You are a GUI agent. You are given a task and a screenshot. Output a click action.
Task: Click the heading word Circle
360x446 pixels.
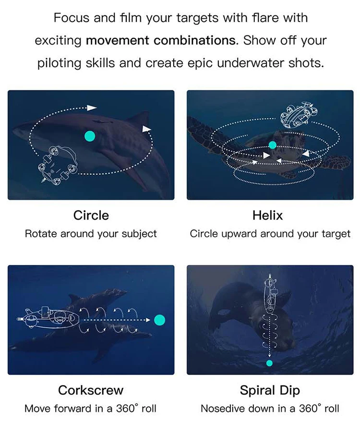coord(91,216)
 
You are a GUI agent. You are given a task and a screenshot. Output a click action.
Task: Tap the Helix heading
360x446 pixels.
coord(267,216)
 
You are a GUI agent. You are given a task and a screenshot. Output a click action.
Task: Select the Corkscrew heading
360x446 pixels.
coord(91,390)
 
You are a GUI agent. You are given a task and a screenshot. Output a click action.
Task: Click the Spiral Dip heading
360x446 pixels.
coord(270,391)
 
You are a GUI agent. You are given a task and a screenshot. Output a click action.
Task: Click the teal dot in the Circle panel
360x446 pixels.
coord(90,136)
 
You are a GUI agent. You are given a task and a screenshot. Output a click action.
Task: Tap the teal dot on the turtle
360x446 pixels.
coord(273,145)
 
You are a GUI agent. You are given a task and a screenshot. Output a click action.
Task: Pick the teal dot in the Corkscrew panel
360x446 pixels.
coord(159,320)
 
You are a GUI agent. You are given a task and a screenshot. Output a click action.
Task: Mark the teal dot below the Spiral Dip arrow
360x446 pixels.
coord(269,363)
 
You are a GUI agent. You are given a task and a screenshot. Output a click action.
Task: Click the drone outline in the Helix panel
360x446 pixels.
coord(299,114)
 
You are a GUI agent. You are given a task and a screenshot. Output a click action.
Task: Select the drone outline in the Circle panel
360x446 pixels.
coord(59,164)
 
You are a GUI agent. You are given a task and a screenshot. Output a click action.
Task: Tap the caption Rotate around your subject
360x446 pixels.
coord(91,234)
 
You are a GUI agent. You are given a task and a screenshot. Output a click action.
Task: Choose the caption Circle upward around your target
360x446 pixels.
coord(270,234)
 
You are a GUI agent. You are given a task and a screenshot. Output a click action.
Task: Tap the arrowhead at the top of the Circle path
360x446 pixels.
coord(92,108)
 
